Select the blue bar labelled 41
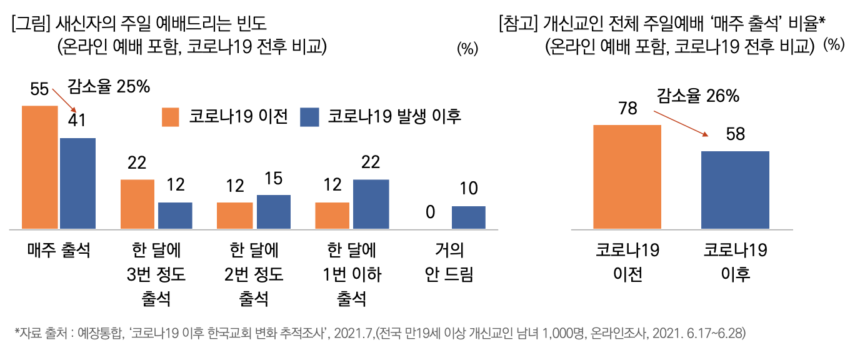77,183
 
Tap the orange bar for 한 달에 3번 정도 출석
137,204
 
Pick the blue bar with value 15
273,212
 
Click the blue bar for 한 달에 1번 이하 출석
371,204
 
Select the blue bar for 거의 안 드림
468,217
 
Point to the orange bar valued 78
627,176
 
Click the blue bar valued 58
735,189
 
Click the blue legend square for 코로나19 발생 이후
311,117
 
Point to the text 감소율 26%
697,96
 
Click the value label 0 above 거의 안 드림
430,212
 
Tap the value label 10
468,189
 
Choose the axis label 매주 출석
59,251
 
